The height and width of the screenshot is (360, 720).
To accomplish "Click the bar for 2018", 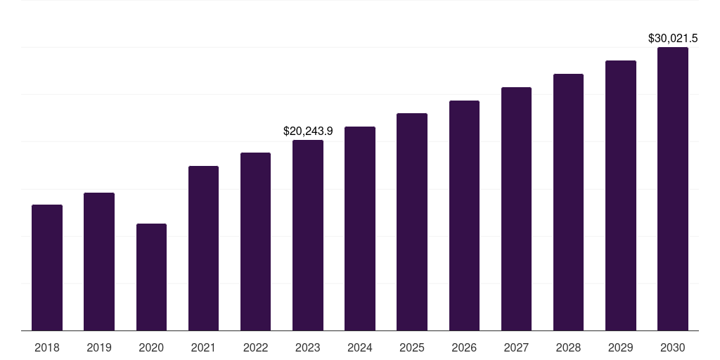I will tap(47, 267).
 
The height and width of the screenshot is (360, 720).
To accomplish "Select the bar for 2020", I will tap(151, 277).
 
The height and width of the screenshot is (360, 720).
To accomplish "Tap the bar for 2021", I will tap(203, 248).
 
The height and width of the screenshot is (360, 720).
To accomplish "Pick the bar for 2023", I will tap(308, 235).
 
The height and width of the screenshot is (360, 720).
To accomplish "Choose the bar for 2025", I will tap(412, 221).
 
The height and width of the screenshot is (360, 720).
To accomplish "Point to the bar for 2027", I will tap(516, 209).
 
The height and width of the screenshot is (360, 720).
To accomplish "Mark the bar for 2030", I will tap(673, 188).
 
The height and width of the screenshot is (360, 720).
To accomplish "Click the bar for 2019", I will tap(99, 262).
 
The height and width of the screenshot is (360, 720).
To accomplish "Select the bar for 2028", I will tap(568, 202).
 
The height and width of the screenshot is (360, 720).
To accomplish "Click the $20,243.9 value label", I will tap(308, 131).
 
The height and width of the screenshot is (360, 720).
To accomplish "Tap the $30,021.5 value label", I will tap(673, 38).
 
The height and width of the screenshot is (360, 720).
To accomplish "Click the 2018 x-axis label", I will tap(47, 347).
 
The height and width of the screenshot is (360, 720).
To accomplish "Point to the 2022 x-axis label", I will tap(255, 347).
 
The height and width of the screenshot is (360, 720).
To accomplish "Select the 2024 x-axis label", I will tap(360, 347).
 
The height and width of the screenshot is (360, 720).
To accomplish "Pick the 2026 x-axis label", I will tap(464, 347).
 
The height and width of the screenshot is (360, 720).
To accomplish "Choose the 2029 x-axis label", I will tap(621, 347).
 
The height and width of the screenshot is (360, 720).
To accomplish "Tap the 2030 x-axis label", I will tap(673, 347).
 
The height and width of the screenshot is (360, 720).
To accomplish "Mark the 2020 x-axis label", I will tap(151, 347).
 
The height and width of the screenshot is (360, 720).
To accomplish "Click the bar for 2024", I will tap(360, 229).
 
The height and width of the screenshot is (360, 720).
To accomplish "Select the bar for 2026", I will tap(464, 215).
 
